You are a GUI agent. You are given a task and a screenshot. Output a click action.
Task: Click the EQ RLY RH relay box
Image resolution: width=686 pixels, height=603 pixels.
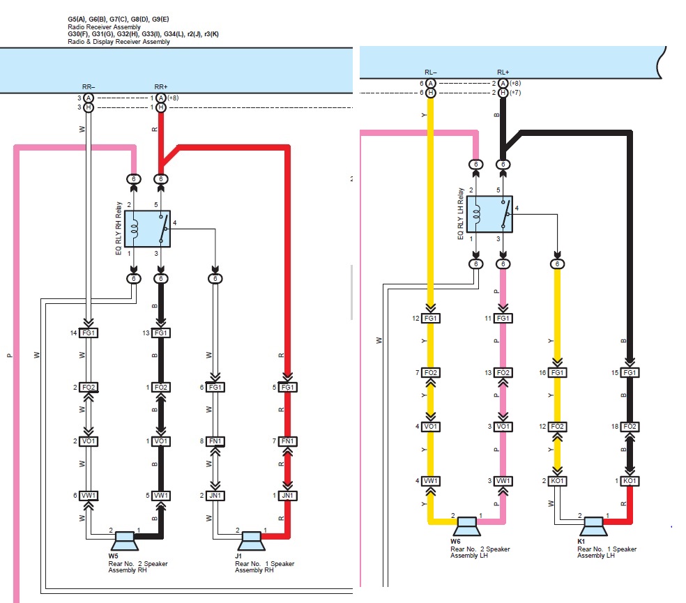[x=147, y=229]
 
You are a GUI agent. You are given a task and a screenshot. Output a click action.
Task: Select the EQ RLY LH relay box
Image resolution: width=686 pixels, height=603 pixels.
[x=489, y=214]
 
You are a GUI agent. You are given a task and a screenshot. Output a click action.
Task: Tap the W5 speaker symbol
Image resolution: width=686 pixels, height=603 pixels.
[x=125, y=540]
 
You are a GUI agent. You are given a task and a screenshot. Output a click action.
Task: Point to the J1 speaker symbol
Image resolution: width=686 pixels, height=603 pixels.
[x=251, y=540]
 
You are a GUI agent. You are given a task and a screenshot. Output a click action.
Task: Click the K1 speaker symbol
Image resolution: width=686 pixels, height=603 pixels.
[x=593, y=526]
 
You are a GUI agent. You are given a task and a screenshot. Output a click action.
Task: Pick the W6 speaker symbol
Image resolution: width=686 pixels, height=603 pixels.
[x=467, y=526]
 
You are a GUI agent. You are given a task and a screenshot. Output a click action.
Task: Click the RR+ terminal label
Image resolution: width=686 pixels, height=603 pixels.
[x=161, y=87]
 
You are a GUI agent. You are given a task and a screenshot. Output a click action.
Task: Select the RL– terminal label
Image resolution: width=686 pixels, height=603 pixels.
[x=431, y=72]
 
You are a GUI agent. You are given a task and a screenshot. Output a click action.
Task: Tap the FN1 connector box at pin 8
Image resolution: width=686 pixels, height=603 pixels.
[x=215, y=441]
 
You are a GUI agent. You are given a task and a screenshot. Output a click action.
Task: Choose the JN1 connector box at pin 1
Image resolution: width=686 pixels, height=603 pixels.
[x=287, y=496]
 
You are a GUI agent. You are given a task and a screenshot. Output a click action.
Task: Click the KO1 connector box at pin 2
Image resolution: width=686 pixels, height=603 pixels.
[x=558, y=481]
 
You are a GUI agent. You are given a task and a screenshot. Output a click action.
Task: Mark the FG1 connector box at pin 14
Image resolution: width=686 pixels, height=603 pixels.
[x=89, y=333]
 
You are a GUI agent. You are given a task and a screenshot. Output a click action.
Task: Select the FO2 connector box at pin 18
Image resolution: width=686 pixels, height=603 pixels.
[x=630, y=427]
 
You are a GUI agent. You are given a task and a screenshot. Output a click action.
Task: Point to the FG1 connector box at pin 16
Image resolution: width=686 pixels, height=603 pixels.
[x=558, y=372]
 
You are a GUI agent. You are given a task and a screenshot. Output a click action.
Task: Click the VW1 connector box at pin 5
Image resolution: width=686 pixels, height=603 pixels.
[x=160, y=496]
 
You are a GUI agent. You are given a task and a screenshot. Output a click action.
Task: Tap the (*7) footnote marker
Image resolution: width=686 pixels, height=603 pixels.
[x=515, y=93]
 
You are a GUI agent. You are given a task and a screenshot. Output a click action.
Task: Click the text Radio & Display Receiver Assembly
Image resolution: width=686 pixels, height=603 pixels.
[x=119, y=42]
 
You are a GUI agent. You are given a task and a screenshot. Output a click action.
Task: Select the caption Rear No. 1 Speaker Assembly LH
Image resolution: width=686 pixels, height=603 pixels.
[x=607, y=552]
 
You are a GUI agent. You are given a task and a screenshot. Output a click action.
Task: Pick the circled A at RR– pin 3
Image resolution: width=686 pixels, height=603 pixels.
[x=89, y=98]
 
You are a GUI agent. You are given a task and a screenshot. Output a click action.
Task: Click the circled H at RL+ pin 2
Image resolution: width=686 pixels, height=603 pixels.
[x=503, y=93]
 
